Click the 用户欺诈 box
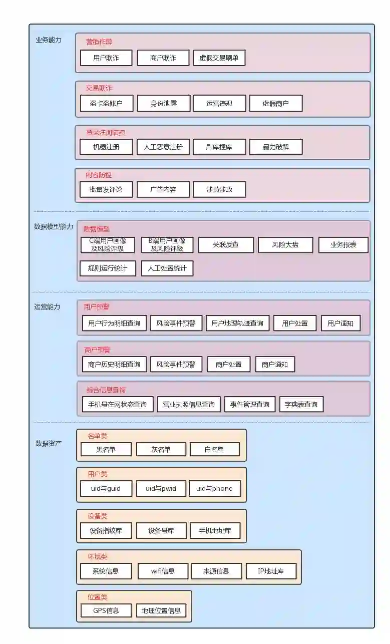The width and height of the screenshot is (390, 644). click(106, 58)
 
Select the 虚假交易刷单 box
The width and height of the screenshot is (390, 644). click(219, 58)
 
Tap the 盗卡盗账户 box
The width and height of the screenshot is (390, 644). click(106, 104)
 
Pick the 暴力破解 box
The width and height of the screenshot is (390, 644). click(276, 147)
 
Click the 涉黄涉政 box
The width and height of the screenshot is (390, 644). click(219, 190)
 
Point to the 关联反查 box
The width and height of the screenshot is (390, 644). click(226, 245)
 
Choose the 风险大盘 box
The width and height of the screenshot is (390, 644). click(285, 245)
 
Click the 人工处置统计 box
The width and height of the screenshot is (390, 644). click(167, 268)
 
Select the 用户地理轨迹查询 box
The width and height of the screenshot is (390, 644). click(237, 324)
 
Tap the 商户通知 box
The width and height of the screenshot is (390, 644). click(275, 365)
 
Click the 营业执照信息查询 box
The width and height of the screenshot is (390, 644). click(189, 405)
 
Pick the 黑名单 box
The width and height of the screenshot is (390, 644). click(106, 449)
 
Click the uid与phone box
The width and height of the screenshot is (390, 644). click(214, 489)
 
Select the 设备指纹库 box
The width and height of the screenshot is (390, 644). click(106, 531)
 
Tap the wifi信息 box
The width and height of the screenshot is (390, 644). click(163, 571)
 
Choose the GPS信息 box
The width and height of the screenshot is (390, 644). click(106, 610)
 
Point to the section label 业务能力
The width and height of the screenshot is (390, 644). click(49, 40)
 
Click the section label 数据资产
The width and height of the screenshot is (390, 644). click(49, 443)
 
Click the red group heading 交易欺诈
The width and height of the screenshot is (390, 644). click(99, 88)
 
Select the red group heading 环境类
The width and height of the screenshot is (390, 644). click(98, 556)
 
